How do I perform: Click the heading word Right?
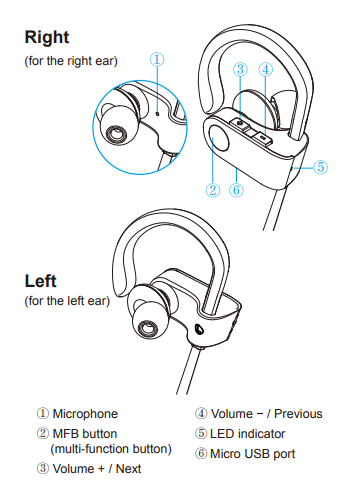coord(47,37)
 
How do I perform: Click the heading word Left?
coord(41,281)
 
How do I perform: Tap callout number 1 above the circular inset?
coord(157,59)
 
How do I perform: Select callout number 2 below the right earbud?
coord(213,190)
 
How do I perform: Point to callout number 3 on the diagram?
coord(240,69)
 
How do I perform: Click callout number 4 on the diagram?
coord(266,69)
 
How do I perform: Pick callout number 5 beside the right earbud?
coord(320,167)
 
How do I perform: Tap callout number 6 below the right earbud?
coord(236,190)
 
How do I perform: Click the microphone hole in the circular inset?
coord(157,114)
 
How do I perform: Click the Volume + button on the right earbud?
coord(240,124)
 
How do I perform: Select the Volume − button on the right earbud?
coord(263,137)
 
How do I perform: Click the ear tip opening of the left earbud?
coord(147,328)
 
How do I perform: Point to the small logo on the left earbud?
coord(199,329)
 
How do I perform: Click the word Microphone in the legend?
coord(85,414)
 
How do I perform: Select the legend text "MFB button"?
coord(85,434)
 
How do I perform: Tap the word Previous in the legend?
coord(298,414)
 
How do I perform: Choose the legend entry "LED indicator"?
coord(248,434)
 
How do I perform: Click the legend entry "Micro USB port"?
coord(253,454)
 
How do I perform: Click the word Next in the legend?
coord(128,469)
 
